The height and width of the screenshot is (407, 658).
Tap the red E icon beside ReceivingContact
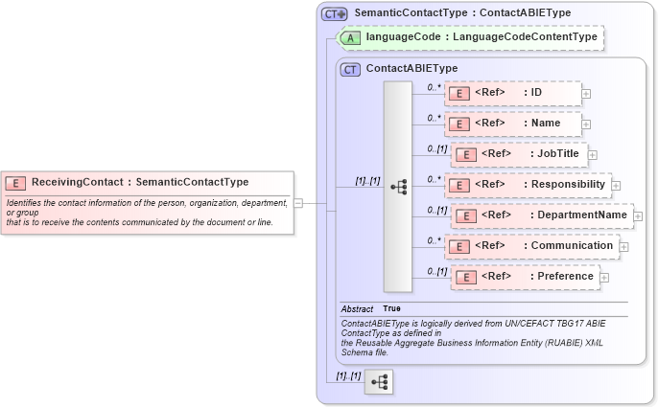click(15, 182)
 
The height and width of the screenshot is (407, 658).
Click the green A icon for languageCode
click(352, 37)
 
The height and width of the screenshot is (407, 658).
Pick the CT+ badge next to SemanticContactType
click(334, 13)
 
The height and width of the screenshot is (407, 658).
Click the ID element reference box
click(513, 93)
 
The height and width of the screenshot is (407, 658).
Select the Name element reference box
click(513, 124)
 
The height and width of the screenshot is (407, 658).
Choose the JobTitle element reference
click(519, 154)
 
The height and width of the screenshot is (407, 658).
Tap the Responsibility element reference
click(528, 185)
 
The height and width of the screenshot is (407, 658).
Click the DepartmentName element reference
click(542, 215)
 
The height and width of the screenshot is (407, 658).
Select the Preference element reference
click(525, 277)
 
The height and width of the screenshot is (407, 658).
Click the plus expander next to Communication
click(624, 247)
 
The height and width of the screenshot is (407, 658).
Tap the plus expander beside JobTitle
click(593, 155)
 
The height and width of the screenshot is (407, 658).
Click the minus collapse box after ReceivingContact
click(298, 202)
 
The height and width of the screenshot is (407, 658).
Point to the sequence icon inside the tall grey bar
click(398, 187)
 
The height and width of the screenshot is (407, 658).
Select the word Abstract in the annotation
click(357, 308)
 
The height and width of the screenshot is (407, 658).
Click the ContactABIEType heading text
click(411, 69)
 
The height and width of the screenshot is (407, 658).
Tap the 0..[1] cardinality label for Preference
click(437, 271)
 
